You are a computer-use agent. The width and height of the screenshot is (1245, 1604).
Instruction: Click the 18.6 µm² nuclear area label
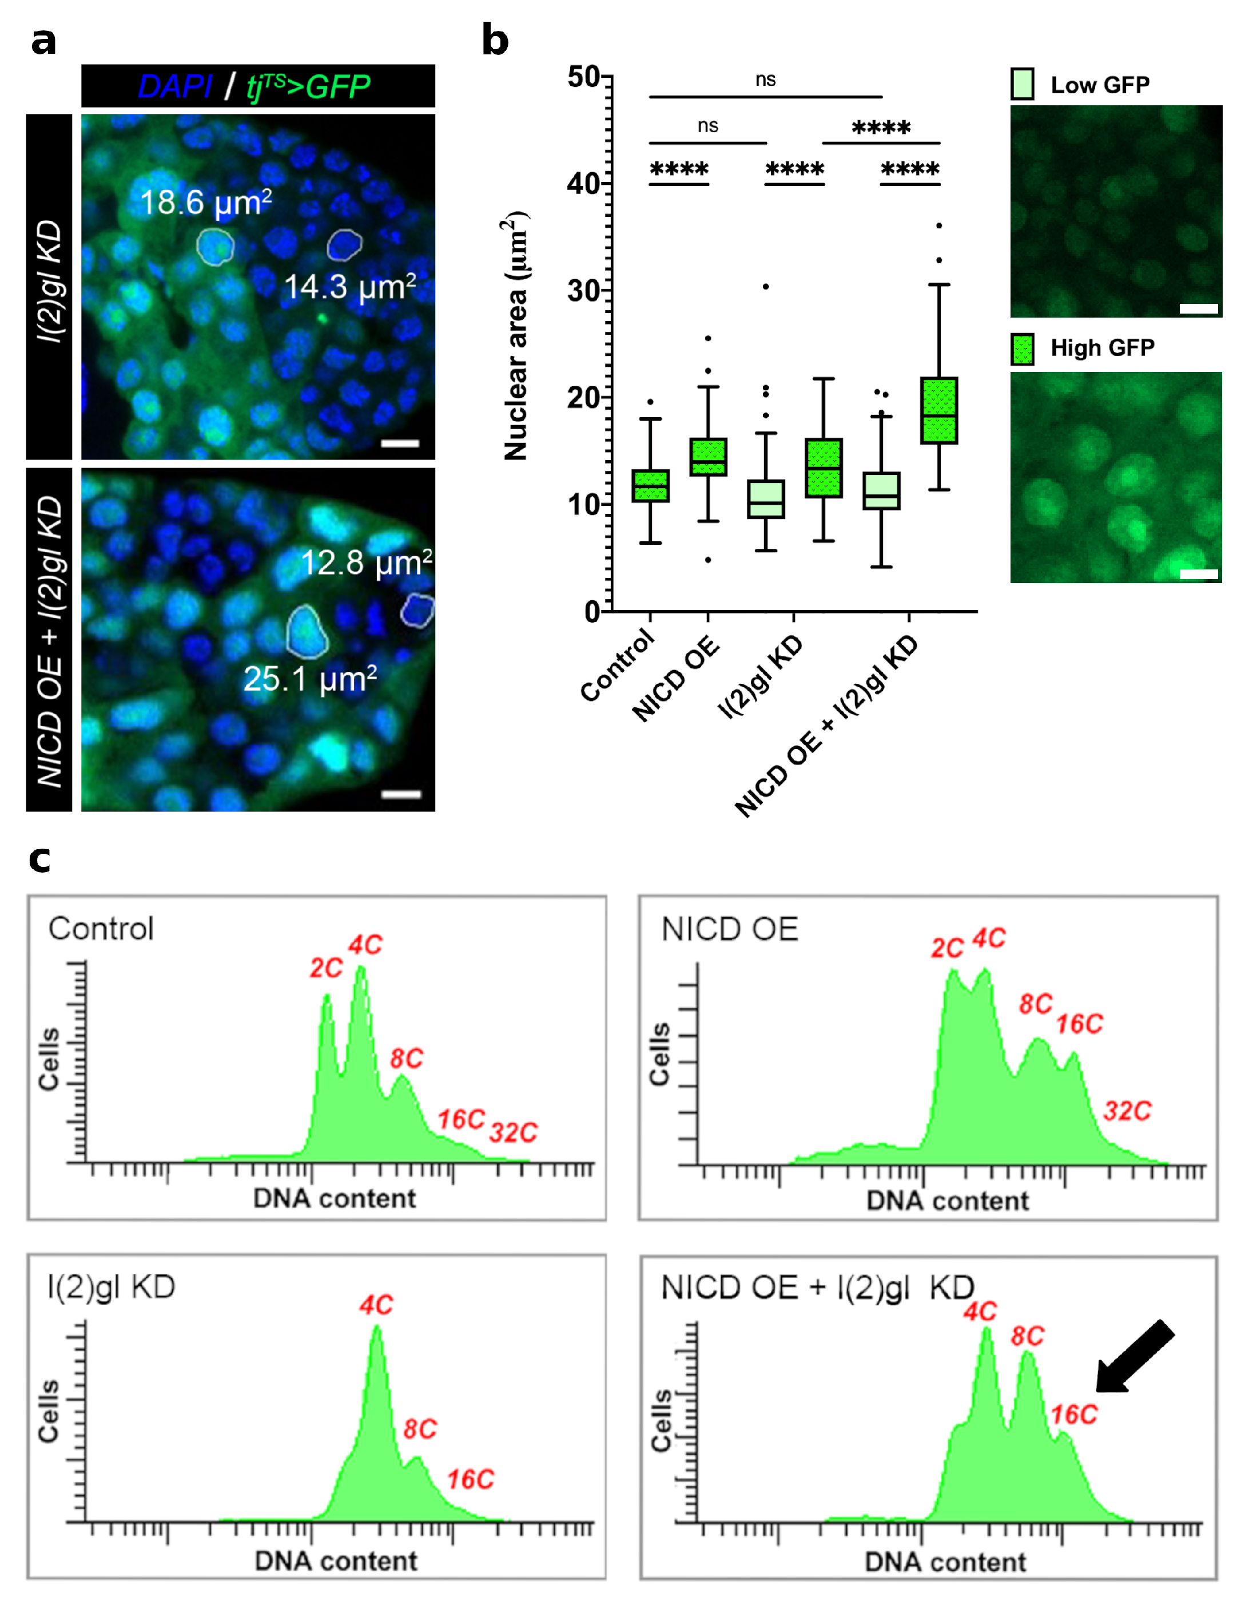(x=205, y=203)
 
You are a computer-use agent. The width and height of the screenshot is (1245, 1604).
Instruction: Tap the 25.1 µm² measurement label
(x=310, y=679)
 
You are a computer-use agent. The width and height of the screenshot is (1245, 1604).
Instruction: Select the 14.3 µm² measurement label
(x=349, y=287)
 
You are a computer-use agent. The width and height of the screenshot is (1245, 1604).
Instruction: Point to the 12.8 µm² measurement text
(x=365, y=563)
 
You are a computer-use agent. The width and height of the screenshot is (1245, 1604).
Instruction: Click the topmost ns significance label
(x=765, y=80)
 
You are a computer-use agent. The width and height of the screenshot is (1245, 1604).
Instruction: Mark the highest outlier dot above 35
(x=939, y=225)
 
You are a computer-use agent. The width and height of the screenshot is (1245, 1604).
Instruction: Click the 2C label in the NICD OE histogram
(x=946, y=948)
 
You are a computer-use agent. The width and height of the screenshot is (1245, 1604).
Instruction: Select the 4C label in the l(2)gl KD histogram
(x=376, y=1305)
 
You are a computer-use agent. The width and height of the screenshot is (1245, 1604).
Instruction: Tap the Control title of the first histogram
(x=101, y=929)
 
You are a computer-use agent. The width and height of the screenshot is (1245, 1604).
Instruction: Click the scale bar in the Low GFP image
(x=1198, y=308)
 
